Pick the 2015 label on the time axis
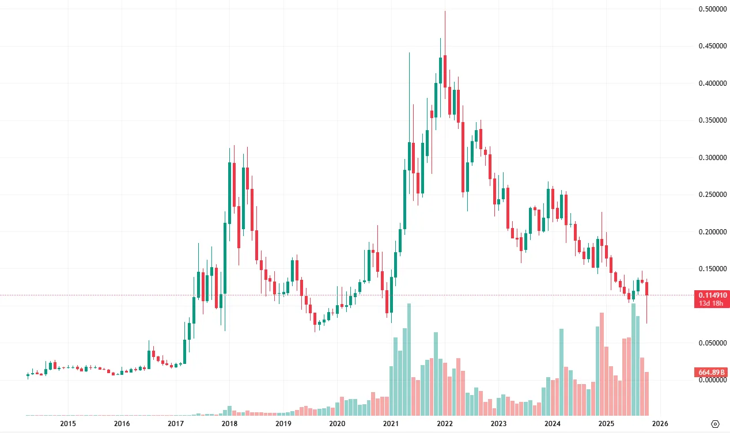[68, 424]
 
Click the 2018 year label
[229, 424]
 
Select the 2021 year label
[391, 424]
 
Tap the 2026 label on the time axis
[660, 424]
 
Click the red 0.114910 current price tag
[712, 295]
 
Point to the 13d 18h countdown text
[712, 303]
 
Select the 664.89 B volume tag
[712, 373]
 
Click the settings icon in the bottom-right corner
[715, 424]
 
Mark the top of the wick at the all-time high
[445, 11]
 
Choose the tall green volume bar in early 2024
[561, 372]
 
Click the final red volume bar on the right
[647, 394]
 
